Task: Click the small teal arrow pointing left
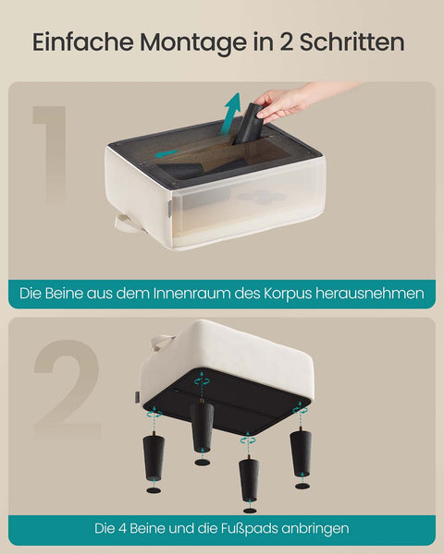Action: [167, 153]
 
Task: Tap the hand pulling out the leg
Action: [283, 102]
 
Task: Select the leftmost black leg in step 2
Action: [154, 457]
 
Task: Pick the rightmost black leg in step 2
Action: [301, 452]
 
